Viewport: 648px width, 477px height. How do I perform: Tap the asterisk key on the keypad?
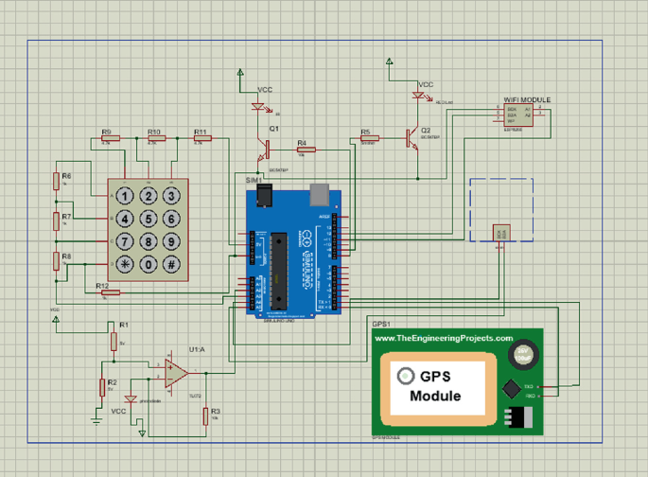point(124,264)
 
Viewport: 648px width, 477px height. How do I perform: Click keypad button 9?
point(170,242)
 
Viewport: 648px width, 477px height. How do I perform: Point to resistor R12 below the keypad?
point(111,292)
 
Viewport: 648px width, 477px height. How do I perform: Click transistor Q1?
point(266,148)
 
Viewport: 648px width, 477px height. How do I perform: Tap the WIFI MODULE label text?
point(526,100)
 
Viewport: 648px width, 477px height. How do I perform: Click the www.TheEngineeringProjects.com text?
point(444,338)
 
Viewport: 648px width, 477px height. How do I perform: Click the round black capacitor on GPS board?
point(522,356)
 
